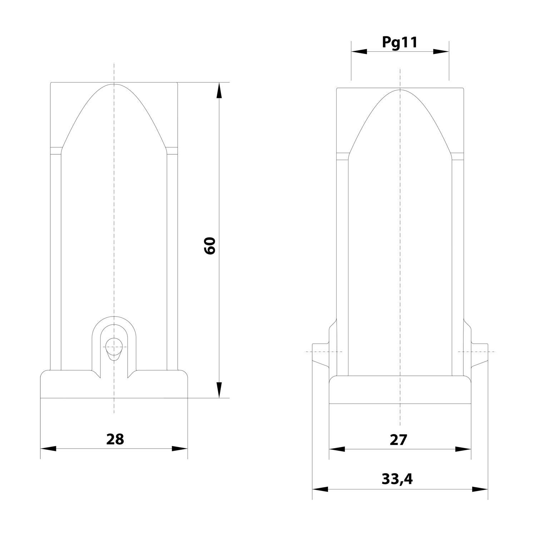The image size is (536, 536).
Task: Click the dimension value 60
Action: (x=210, y=245)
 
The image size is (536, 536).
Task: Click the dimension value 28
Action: (x=115, y=439)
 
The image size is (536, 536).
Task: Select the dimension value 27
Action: (x=398, y=440)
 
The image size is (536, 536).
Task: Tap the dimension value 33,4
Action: (x=397, y=479)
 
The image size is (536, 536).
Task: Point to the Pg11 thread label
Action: (x=399, y=43)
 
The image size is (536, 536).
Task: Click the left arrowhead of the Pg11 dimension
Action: (x=359, y=51)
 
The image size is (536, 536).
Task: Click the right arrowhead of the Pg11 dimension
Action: (x=441, y=51)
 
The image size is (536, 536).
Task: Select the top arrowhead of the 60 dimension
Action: (x=219, y=91)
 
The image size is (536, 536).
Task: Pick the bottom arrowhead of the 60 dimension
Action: (x=219, y=389)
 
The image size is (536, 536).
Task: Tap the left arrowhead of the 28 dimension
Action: (x=49, y=449)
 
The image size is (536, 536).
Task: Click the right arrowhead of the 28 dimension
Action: (x=179, y=449)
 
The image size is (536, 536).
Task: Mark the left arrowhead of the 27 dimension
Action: (x=337, y=450)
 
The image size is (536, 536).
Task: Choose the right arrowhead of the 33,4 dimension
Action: (x=480, y=489)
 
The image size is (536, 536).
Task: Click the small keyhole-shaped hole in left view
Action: (x=114, y=348)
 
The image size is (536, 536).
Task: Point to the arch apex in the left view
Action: (x=114, y=84)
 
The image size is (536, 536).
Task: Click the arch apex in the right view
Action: (x=400, y=90)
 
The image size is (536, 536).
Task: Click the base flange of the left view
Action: (x=114, y=385)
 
